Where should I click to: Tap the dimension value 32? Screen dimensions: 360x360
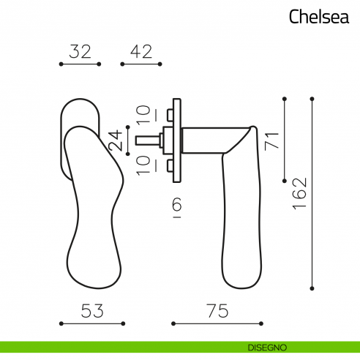(x=80, y=51)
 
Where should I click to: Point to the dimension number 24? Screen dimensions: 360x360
(x=115, y=139)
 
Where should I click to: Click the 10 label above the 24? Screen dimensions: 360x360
(x=144, y=114)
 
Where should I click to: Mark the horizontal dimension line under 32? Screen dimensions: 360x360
(x=80, y=65)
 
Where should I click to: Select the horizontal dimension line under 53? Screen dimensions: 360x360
(x=91, y=323)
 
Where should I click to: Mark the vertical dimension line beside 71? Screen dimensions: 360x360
(x=284, y=139)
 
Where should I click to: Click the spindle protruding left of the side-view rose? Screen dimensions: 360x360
(x=146, y=138)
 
